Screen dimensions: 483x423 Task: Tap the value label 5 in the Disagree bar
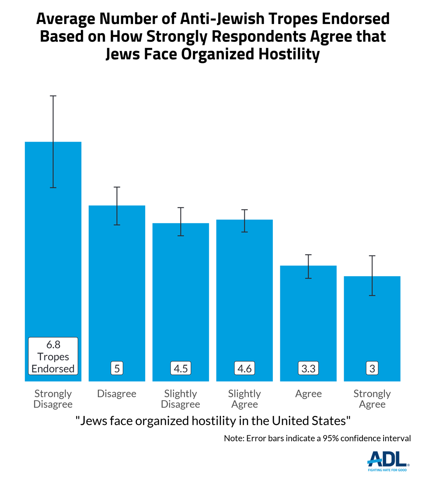117,368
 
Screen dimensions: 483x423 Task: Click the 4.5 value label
181,368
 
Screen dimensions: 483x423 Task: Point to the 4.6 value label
245,368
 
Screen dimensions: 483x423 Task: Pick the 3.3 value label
308,368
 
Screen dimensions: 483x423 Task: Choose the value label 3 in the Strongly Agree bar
372,368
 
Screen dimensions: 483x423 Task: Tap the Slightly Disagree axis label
181,398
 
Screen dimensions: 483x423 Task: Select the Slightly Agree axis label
245,398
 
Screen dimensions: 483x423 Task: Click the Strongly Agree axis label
372,398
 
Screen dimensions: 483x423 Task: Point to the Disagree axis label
117,394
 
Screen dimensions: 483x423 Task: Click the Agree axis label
308,394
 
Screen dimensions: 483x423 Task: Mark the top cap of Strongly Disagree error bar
53,96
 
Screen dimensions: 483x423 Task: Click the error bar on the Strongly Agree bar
372,275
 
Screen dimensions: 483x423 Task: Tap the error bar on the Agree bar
308,266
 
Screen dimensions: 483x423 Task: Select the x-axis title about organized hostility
213,421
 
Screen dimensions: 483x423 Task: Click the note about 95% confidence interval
317,438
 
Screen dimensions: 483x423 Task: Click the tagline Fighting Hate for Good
388,470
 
